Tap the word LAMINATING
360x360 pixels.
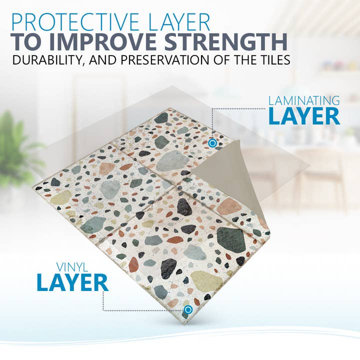[304, 100]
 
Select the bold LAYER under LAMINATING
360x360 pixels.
[304, 116]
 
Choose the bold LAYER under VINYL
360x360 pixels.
[72, 282]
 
